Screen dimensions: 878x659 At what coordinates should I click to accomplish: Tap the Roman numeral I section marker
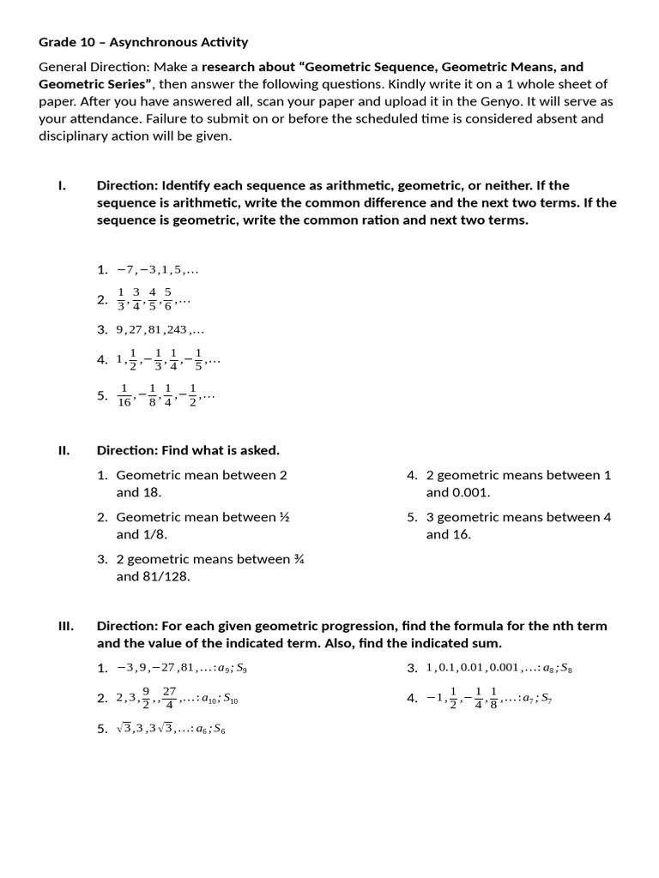(x=62, y=185)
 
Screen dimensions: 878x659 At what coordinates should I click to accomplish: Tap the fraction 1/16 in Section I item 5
(x=124, y=396)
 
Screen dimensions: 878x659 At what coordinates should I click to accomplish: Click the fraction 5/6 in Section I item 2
(x=168, y=299)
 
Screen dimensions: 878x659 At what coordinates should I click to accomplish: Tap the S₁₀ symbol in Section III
(x=230, y=700)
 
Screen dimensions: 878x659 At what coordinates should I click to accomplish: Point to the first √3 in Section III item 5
(x=124, y=729)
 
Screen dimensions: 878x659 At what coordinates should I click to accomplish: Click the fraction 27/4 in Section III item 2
(x=169, y=698)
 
